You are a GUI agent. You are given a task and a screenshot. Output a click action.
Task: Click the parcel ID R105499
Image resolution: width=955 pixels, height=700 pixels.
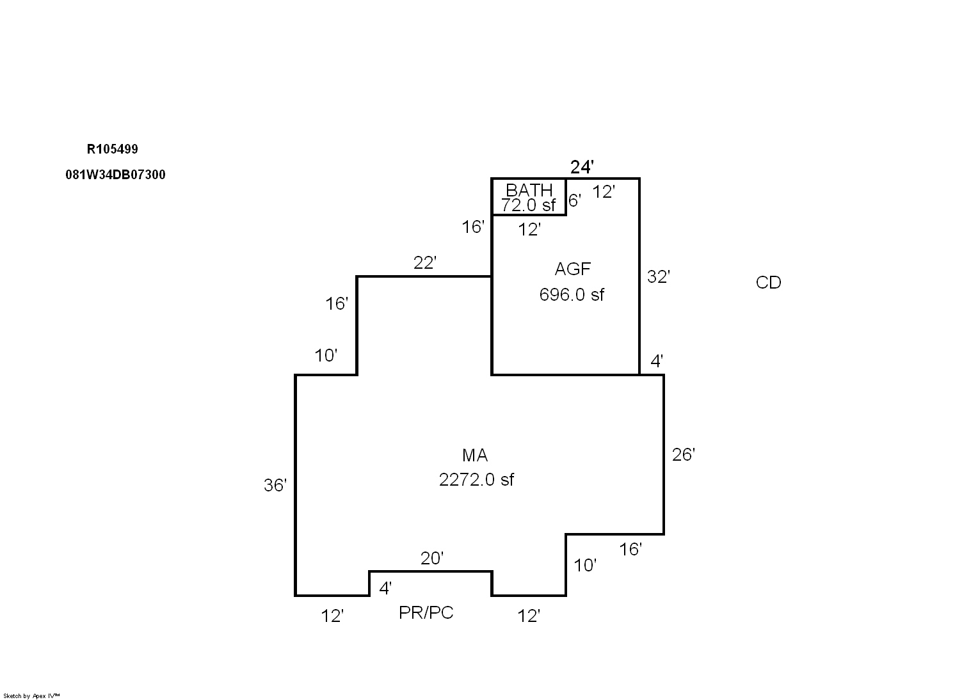[112, 149]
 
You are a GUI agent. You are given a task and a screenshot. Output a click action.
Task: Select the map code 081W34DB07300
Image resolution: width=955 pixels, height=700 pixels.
[115, 175]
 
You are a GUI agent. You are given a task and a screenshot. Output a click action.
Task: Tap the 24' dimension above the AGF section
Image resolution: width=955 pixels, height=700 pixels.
[582, 167]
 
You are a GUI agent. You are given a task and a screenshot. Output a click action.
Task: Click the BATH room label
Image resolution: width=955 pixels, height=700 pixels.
[529, 190]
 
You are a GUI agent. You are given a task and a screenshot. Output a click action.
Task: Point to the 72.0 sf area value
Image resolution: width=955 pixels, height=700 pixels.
[529, 205]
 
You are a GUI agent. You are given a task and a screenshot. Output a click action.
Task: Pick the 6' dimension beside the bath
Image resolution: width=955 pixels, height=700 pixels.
[574, 200]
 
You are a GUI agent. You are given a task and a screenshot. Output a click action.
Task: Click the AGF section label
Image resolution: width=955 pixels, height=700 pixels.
[572, 269]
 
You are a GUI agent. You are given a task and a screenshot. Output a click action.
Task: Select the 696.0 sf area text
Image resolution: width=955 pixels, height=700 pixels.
[572, 295]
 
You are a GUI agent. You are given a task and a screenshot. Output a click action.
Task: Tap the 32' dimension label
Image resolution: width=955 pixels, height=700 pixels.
[658, 277]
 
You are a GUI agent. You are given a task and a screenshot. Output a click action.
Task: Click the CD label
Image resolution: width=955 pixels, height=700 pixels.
[768, 283]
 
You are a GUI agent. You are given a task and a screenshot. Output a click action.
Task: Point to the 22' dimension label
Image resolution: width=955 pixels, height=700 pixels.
[425, 263]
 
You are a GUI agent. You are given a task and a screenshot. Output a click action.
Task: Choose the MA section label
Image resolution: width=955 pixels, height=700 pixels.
[475, 455]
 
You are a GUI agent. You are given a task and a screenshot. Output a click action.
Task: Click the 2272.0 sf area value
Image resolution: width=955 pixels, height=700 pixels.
[476, 479]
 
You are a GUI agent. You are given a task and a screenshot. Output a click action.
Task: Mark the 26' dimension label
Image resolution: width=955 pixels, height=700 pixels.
[683, 454]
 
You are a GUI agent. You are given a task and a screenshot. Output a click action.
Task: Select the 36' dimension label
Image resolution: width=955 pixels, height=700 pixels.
[275, 486]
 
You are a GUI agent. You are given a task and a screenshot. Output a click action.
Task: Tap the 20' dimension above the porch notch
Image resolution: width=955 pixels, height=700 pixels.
[432, 559]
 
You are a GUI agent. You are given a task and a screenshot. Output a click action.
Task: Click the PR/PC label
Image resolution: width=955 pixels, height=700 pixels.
[426, 612]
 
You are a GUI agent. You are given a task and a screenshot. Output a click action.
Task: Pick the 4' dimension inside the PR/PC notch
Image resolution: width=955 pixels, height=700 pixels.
[385, 588]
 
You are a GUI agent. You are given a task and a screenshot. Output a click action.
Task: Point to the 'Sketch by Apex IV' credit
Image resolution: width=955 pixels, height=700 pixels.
[31, 696]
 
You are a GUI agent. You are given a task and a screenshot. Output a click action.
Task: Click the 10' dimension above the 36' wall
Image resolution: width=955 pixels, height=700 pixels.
[326, 356]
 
